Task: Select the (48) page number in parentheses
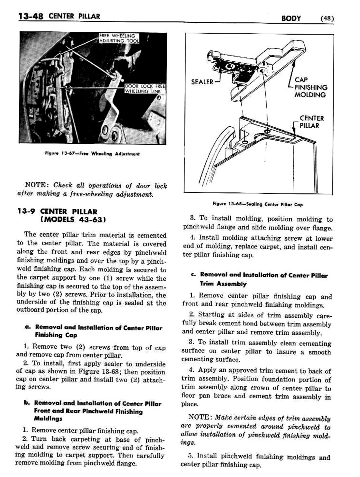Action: [327, 18]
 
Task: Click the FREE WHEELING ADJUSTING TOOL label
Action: [119, 38]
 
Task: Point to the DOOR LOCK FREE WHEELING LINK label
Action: [144, 89]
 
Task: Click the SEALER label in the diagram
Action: [202, 82]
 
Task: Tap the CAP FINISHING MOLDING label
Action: [310, 87]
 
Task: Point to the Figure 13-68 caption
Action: [257, 204]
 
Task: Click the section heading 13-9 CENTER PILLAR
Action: [57, 211]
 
